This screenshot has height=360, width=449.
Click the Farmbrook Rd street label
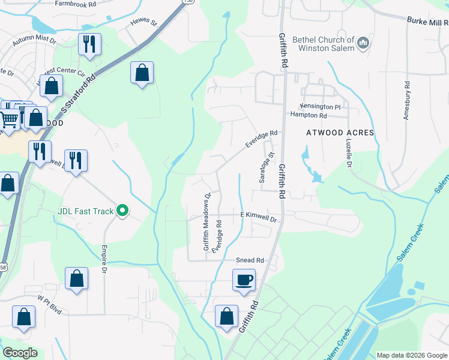(75, 4)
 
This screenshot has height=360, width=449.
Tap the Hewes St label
(143, 23)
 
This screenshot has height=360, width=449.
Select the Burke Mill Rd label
(426, 21)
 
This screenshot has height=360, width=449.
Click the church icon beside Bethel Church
(363, 43)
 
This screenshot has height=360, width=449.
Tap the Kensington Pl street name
(321, 106)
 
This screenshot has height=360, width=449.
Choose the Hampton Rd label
(309, 115)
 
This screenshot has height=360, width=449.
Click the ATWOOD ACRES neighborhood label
(340, 133)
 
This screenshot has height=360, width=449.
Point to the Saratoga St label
(263, 168)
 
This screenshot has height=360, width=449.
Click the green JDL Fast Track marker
(122, 211)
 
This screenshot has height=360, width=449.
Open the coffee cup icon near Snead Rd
(244, 280)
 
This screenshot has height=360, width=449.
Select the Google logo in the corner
(20, 353)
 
